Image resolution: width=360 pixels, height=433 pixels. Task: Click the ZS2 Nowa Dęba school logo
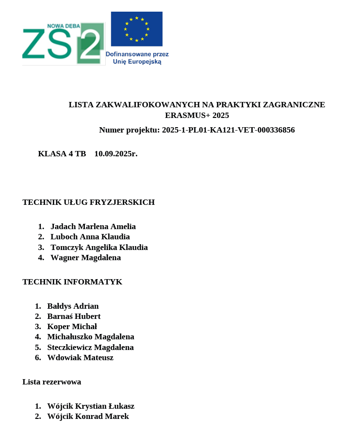click(63, 43)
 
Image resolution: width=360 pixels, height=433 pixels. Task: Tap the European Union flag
click(136, 29)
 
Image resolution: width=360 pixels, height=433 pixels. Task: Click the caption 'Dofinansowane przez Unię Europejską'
click(137, 58)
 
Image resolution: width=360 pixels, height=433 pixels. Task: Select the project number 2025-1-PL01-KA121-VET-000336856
click(228, 130)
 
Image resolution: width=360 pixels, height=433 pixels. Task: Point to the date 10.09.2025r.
click(116, 154)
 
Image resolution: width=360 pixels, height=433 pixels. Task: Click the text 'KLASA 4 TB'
click(62, 154)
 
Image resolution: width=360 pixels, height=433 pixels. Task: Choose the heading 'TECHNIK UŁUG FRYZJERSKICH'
click(88, 202)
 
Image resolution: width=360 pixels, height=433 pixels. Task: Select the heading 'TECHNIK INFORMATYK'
click(72, 282)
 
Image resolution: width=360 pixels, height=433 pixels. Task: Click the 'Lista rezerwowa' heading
click(51, 382)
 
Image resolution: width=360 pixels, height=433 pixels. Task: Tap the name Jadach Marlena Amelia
click(93, 227)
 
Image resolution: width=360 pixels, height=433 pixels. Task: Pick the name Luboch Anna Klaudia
click(90, 237)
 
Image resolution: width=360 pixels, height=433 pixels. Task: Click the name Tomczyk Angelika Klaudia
click(99, 248)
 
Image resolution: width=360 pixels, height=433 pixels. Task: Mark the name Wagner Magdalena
click(85, 258)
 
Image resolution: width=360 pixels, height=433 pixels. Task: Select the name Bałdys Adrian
click(73, 306)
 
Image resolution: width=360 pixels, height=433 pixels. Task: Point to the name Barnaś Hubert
click(74, 316)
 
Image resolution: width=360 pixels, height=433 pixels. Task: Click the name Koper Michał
click(72, 327)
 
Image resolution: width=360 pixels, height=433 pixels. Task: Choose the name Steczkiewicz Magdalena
click(90, 348)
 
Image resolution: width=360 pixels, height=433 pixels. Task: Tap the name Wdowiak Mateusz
click(80, 358)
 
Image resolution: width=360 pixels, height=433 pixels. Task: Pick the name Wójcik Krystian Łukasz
click(91, 406)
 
